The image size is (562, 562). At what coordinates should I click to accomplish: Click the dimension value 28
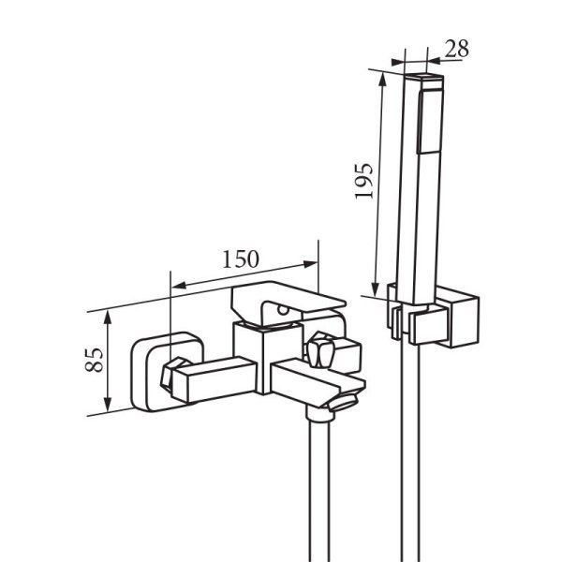(457, 49)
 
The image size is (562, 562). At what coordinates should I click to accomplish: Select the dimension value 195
(363, 181)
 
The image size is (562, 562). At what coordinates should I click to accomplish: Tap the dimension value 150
(241, 259)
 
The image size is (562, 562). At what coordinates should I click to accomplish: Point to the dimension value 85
(95, 360)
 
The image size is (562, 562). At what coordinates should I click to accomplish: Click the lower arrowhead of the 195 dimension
(375, 289)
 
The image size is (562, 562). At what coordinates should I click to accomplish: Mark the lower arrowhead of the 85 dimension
(108, 405)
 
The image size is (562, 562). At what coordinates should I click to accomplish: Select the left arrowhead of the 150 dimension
(179, 286)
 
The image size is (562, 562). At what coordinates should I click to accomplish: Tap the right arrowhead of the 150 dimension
(310, 264)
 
